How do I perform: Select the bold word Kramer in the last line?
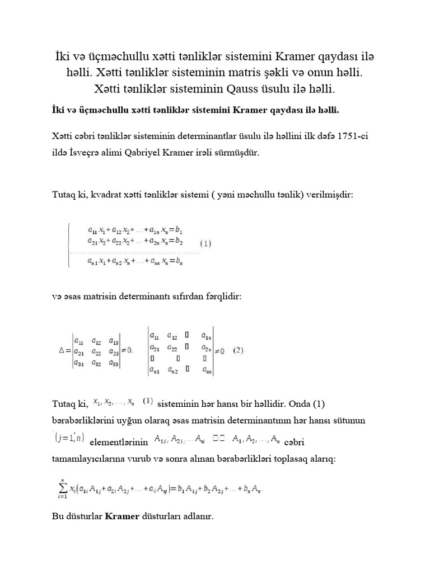pos(122,516)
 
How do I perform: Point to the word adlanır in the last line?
pos(196,516)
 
